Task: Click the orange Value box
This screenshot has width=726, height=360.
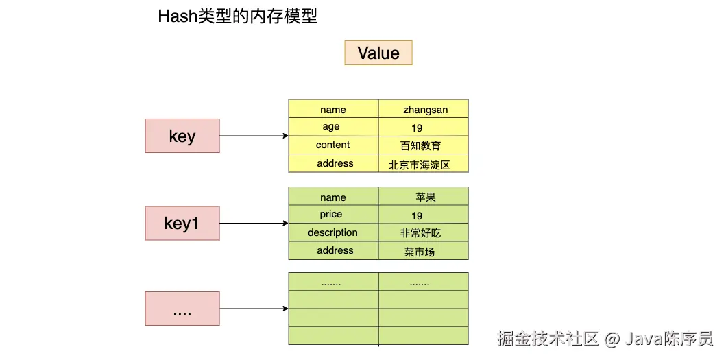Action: [378, 53]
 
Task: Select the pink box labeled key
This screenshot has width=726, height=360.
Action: [182, 136]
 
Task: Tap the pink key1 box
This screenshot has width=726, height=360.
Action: [182, 223]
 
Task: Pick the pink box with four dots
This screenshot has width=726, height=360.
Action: [182, 309]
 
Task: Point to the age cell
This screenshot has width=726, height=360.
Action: [332, 127]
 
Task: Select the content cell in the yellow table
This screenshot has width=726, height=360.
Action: [332, 145]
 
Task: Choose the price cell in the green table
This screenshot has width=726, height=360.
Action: [332, 215]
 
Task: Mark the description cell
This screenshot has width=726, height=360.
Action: [332, 232]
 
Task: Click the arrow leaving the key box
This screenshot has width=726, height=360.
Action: [254, 136]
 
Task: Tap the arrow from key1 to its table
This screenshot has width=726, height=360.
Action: [254, 223]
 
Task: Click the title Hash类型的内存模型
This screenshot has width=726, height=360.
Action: [238, 16]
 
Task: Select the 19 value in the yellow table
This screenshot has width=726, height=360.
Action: [417, 128]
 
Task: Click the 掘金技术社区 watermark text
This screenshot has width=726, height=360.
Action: [548, 338]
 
